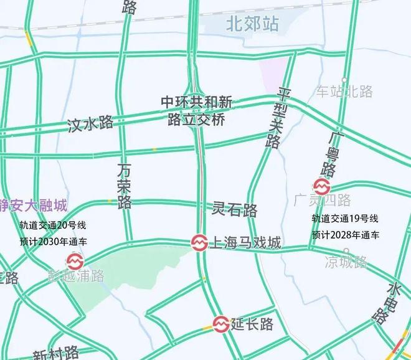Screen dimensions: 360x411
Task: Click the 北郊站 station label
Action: pyautogui.click(x=253, y=24)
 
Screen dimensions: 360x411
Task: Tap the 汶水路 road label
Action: pyautogui.click(x=90, y=123)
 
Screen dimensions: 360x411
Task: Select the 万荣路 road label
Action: pyautogui.click(x=125, y=185)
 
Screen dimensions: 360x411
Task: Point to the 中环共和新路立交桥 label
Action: pyautogui.click(x=196, y=111)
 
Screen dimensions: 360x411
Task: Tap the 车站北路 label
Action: pyautogui.click(x=344, y=92)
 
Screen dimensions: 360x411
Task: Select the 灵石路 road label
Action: pyautogui.click(x=235, y=209)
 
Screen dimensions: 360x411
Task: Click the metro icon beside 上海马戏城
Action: pyautogui.click(x=199, y=242)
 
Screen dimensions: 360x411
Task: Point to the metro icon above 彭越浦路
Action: pyautogui.click(x=74, y=261)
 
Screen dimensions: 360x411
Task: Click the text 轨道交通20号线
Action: pyautogui.click(x=52, y=225)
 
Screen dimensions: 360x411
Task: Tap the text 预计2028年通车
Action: pyautogui.click(x=346, y=235)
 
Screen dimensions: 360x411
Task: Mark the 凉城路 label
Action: pyautogui.click(x=346, y=262)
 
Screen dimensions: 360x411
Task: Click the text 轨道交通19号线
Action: pyautogui.click(x=346, y=219)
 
